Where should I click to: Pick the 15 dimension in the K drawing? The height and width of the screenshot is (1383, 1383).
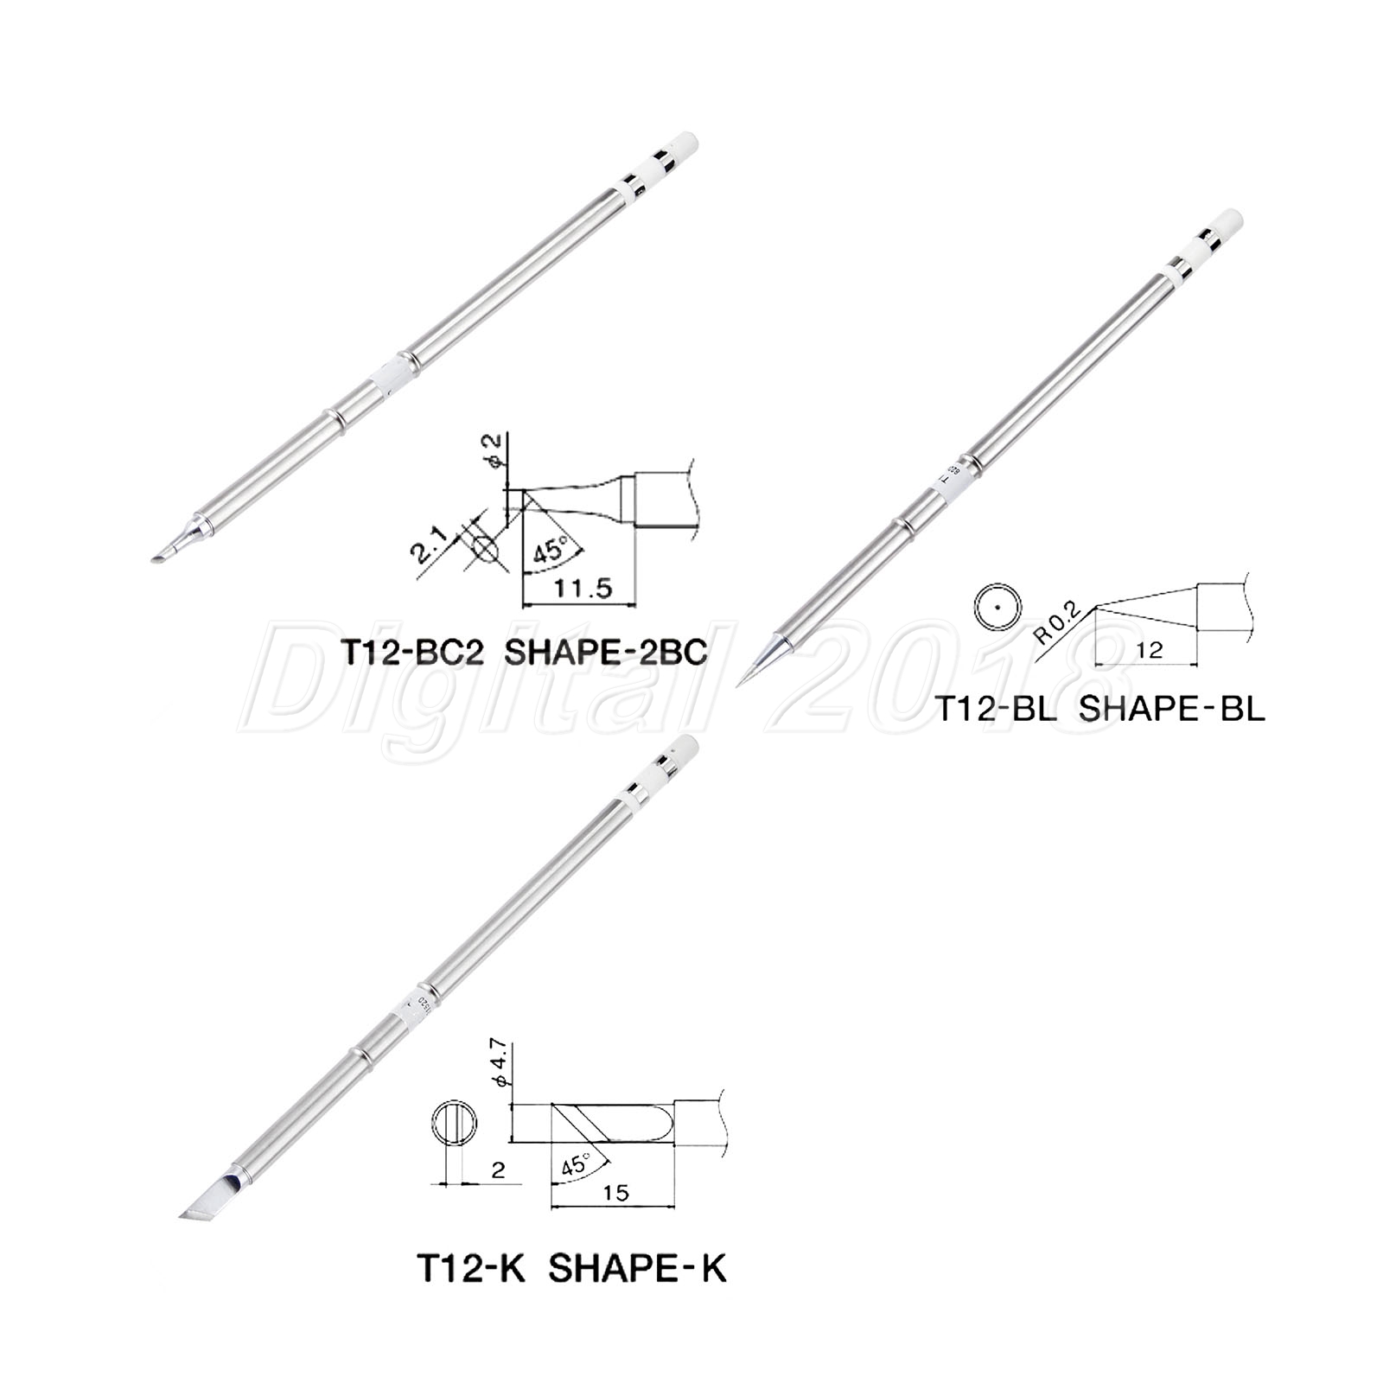(616, 1192)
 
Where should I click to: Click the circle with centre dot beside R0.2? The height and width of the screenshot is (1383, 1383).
(996, 609)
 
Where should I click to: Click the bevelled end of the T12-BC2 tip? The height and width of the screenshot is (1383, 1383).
(166, 555)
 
